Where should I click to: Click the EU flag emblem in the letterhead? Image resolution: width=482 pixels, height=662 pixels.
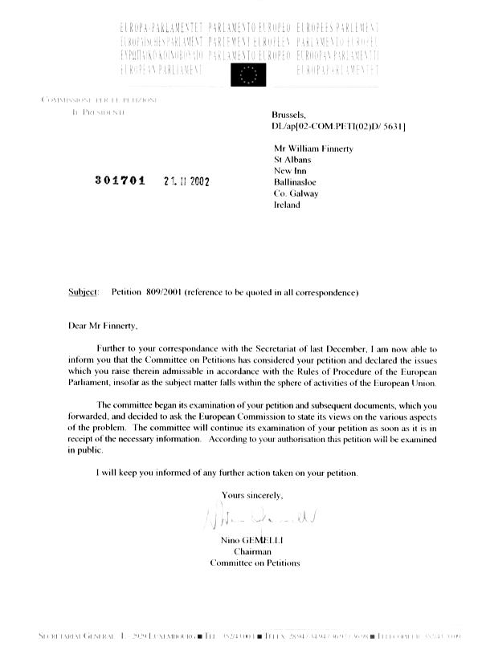pyautogui.click(x=247, y=74)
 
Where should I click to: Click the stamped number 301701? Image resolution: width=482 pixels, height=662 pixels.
pyautogui.click(x=120, y=180)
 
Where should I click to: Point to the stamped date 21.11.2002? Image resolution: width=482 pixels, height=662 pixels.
pyautogui.click(x=186, y=181)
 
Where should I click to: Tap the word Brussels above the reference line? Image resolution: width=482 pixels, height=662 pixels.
pyautogui.click(x=289, y=116)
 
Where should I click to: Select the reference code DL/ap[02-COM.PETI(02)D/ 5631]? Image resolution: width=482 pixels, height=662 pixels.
pyautogui.click(x=338, y=127)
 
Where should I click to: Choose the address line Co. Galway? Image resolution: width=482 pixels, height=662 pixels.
pyautogui.click(x=296, y=193)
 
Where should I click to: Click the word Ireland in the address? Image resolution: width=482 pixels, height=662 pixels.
pyautogui.click(x=287, y=205)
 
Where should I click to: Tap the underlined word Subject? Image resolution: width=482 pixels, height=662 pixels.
pyautogui.click(x=84, y=292)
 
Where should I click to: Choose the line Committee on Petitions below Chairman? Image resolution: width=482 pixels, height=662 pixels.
pyautogui.click(x=255, y=562)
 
